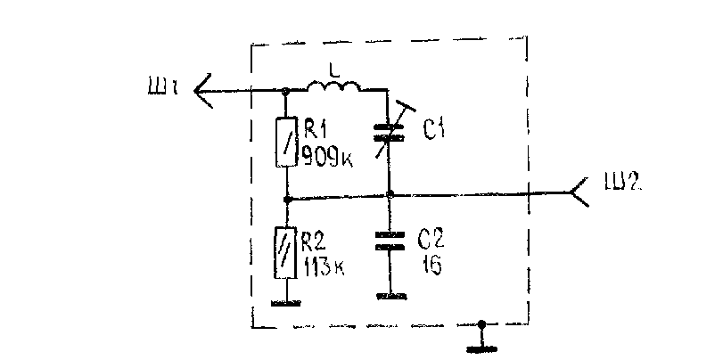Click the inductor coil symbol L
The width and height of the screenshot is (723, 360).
click(x=333, y=86)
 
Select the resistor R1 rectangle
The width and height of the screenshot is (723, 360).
click(x=286, y=142)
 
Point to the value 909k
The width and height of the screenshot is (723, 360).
click(x=327, y=156)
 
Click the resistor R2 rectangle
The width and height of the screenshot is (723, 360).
click(x=285, y=252)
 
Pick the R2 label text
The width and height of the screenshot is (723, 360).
click(x=314, y=241)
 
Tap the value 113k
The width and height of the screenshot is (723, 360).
click(x=325, y=267)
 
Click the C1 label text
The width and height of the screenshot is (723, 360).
click(x=433, y=130)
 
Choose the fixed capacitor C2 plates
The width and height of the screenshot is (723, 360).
click(x=390, y=241)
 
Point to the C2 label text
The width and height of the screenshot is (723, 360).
click(x=431, y=239)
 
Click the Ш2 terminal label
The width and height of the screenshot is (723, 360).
click(x=622, y=182)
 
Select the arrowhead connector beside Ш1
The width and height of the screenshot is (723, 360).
click(x=203, y=91)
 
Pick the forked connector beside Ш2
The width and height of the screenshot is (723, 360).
click(x=579, y=192)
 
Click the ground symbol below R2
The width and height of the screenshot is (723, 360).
click(x=286, y=303)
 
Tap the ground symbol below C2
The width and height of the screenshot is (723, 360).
click(x=392, y=297)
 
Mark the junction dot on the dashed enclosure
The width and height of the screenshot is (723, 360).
click(x=481, y=324)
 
